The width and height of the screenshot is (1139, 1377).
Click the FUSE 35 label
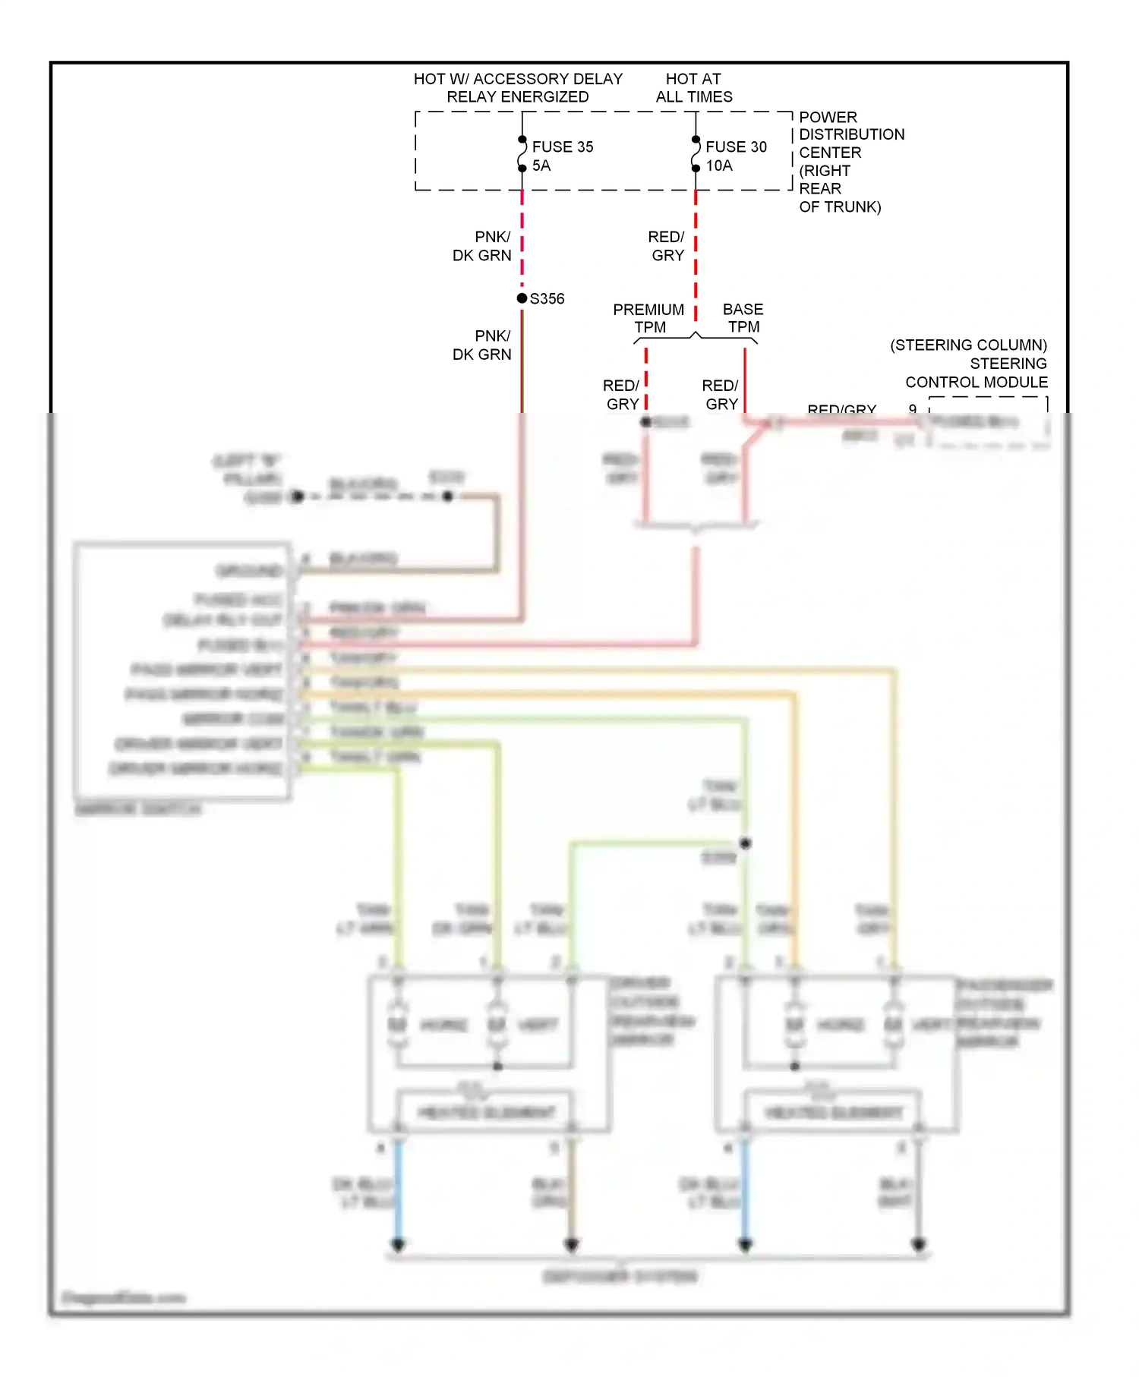point(562,147)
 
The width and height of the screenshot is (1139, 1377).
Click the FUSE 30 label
point(736,147)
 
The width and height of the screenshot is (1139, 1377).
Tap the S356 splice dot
point(522,298)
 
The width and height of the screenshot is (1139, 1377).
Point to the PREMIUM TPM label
point(648,318)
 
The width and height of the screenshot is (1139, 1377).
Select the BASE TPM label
point(743,318)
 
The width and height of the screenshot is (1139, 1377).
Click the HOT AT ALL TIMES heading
point(694,87)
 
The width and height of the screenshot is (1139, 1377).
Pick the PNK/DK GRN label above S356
point(483,246)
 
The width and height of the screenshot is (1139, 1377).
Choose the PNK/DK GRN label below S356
point(483,345)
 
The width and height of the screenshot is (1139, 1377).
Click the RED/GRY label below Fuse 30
point(667,246)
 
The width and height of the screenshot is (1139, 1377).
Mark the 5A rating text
point(541,165)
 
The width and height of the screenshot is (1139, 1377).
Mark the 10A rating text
point(718,165)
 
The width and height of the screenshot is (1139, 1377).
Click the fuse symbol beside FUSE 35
point(522,154)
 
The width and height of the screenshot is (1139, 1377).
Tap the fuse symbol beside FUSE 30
point(696,154)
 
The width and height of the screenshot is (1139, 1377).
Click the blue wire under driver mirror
point(397,1192)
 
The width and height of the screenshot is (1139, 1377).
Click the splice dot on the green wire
point(746,843)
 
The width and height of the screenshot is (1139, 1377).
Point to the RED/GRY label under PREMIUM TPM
point(622,395)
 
